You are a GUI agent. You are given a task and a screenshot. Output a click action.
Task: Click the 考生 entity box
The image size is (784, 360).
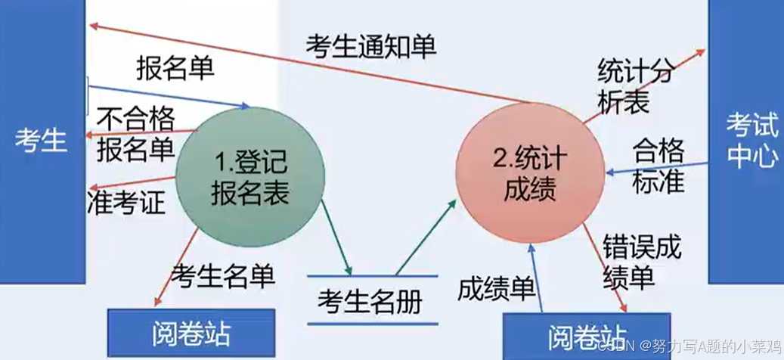[42, 140]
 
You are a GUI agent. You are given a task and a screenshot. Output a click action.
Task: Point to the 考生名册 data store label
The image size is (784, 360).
[370, 302]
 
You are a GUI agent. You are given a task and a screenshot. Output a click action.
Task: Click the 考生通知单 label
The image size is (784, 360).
[370, 46]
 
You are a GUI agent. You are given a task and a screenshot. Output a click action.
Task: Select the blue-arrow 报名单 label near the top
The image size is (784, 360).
[175, 69]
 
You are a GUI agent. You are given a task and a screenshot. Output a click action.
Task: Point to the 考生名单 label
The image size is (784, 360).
[223, 275]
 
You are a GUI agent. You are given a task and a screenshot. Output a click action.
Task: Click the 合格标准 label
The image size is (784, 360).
[658, 164]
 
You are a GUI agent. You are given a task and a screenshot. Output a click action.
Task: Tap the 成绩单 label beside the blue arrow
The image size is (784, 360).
[496, 288]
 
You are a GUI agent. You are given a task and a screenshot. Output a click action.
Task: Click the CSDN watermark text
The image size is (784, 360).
[685, 347]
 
